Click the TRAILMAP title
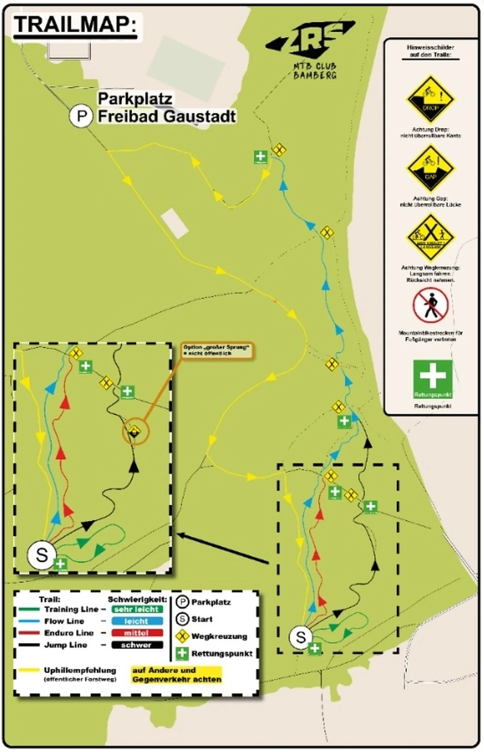[x=75, y=25]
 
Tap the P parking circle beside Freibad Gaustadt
[x=81, y=116]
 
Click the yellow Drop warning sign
[x=430, y=99]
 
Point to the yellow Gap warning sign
[x=430, y=169]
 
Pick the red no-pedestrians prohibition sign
[x=431, y=306]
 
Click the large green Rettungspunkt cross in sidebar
[x=432, y=379]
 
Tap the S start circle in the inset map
[x=42, y=555]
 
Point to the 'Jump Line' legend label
[x=65, y=645]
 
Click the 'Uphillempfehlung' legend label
[x=80, y=670]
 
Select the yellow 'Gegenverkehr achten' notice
[x=177, y=675]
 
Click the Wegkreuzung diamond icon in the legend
[x=182, y=637]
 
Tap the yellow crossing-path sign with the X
[x=430, y=238]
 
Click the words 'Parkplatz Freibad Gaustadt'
[x=166, y=107]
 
